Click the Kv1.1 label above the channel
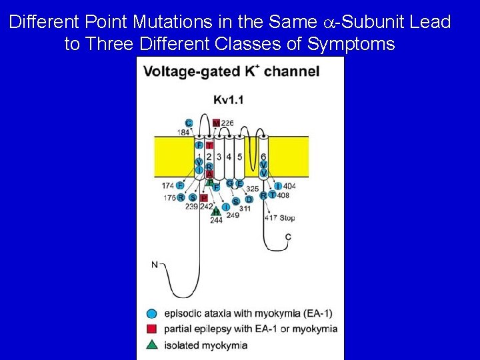[x=229, y=100]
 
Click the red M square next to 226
[x=216, y=123]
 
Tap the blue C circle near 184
[x=189, y=123]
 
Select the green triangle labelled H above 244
[x=216, y=212]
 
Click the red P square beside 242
[x=204, y=198]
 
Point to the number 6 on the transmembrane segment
[x=263, y=156]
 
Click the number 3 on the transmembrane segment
[x=219, y=157]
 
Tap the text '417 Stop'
[x=279, y=217]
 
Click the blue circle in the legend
[x=151, y=313]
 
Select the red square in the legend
[x=151, y=329]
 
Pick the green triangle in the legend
[x=151, y=345]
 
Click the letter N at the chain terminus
[x=155, y=265]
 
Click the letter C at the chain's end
[x=288, y=237]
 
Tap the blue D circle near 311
[x=249, y=199]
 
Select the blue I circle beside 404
[x=278, y=186]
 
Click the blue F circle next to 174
[x=180, y=185]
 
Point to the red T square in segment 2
[x=209, y=145]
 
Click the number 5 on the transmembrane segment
[x=239, y=157]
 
